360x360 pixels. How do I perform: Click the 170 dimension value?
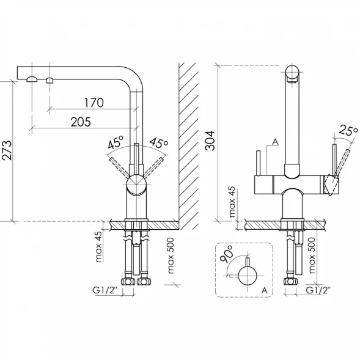point(94,103)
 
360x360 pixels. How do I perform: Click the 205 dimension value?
point(81,122)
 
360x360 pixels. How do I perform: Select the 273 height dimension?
point(7,150)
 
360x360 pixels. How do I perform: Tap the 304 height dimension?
point(210,141)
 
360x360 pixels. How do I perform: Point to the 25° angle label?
point(348,131)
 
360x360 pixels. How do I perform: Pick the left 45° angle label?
point(116,142)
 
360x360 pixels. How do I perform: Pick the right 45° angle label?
point(159,143)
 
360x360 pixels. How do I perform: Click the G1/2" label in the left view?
point(105,290)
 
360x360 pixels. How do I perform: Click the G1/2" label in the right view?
point(318,290)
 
